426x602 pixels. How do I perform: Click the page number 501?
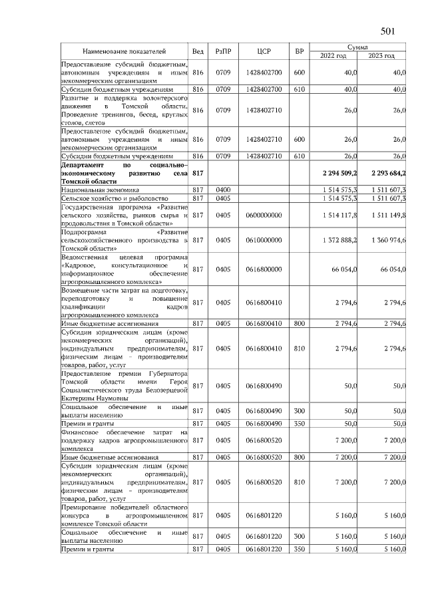(x=389, y=31)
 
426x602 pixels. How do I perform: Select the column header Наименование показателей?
(x=124, y=51)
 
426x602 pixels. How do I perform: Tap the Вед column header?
(x=198, y=51)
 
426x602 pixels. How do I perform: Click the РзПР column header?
(x=223, y=51)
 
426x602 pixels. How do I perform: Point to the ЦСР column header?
(x=264, y=51)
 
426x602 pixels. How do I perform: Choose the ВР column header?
(x=299, y=51)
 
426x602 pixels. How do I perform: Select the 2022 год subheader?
(x=335, y=56)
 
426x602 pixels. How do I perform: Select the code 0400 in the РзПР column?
(x=223, y=190)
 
